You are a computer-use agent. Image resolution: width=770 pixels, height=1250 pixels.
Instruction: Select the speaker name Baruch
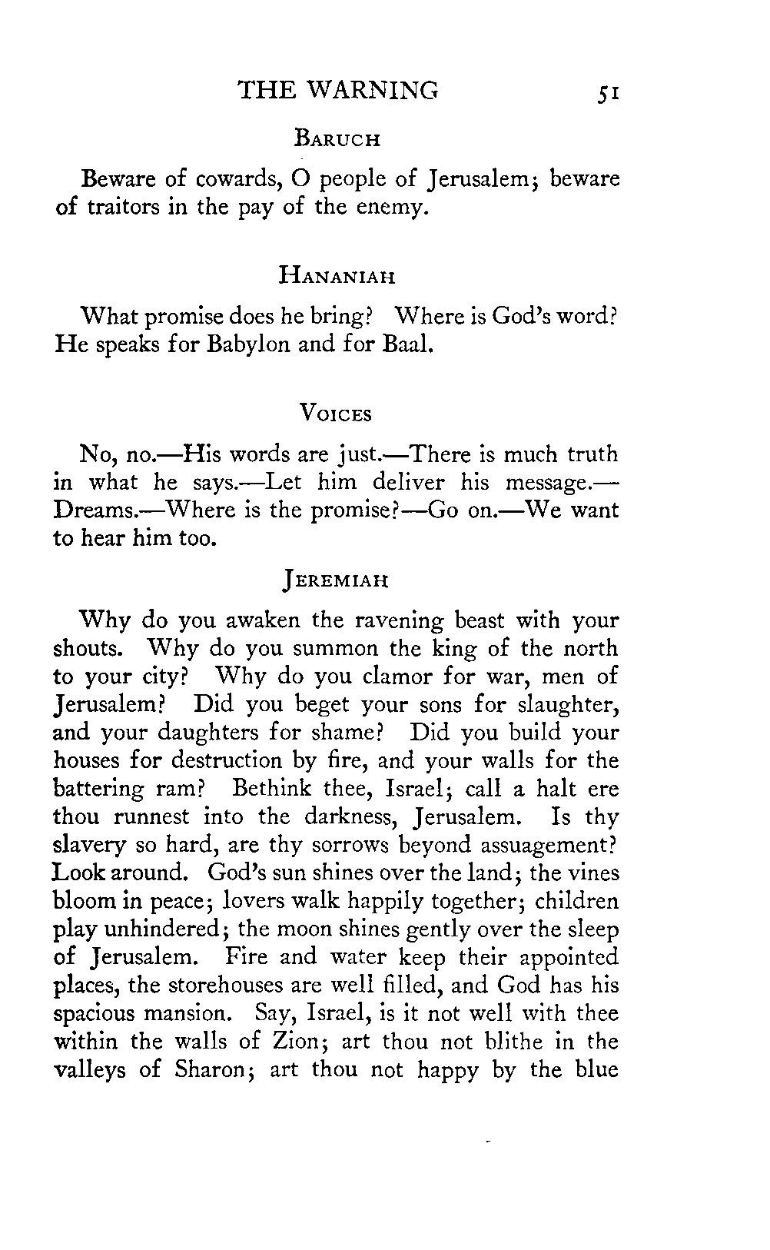[337, 141]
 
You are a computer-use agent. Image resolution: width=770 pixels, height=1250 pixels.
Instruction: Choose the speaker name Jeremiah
[336, 580]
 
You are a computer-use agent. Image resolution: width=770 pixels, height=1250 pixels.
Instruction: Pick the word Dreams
[94, 511]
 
